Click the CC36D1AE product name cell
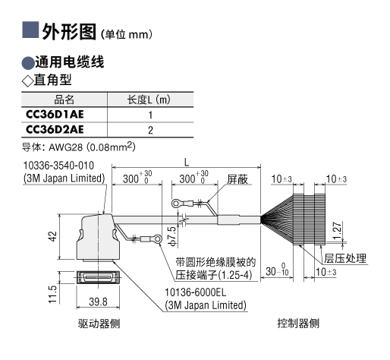click(x=55, y=115)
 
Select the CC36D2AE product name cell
click(x=55, y=130)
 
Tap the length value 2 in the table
click(x=150, y=130)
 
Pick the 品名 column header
click(x=64, y=99)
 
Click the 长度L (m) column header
click(x=149, y=99)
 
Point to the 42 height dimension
click(x=52, y=236)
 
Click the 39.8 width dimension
click(x=98, y=302)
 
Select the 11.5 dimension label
click(x=52, y=294)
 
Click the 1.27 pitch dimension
click(x=337, y=230)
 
